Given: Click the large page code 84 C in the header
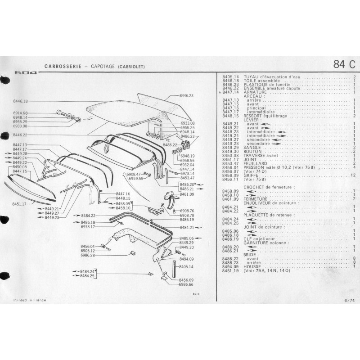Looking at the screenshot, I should pyautogui.click(x=344, y=64).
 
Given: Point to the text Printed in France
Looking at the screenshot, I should pyautogui.click(x=27, y=298).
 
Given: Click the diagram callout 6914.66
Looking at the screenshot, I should pyautogui.click(x=20, y=113).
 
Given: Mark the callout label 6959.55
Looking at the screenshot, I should pyautogui.click(x=135, y=178).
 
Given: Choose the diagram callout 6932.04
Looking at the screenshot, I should pyautogui.click(x=187, y=165).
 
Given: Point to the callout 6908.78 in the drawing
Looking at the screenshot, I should pyautogui.click(x=187, y=215).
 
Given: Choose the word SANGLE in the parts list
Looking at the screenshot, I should pyautogui.click(x=251, y=147).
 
